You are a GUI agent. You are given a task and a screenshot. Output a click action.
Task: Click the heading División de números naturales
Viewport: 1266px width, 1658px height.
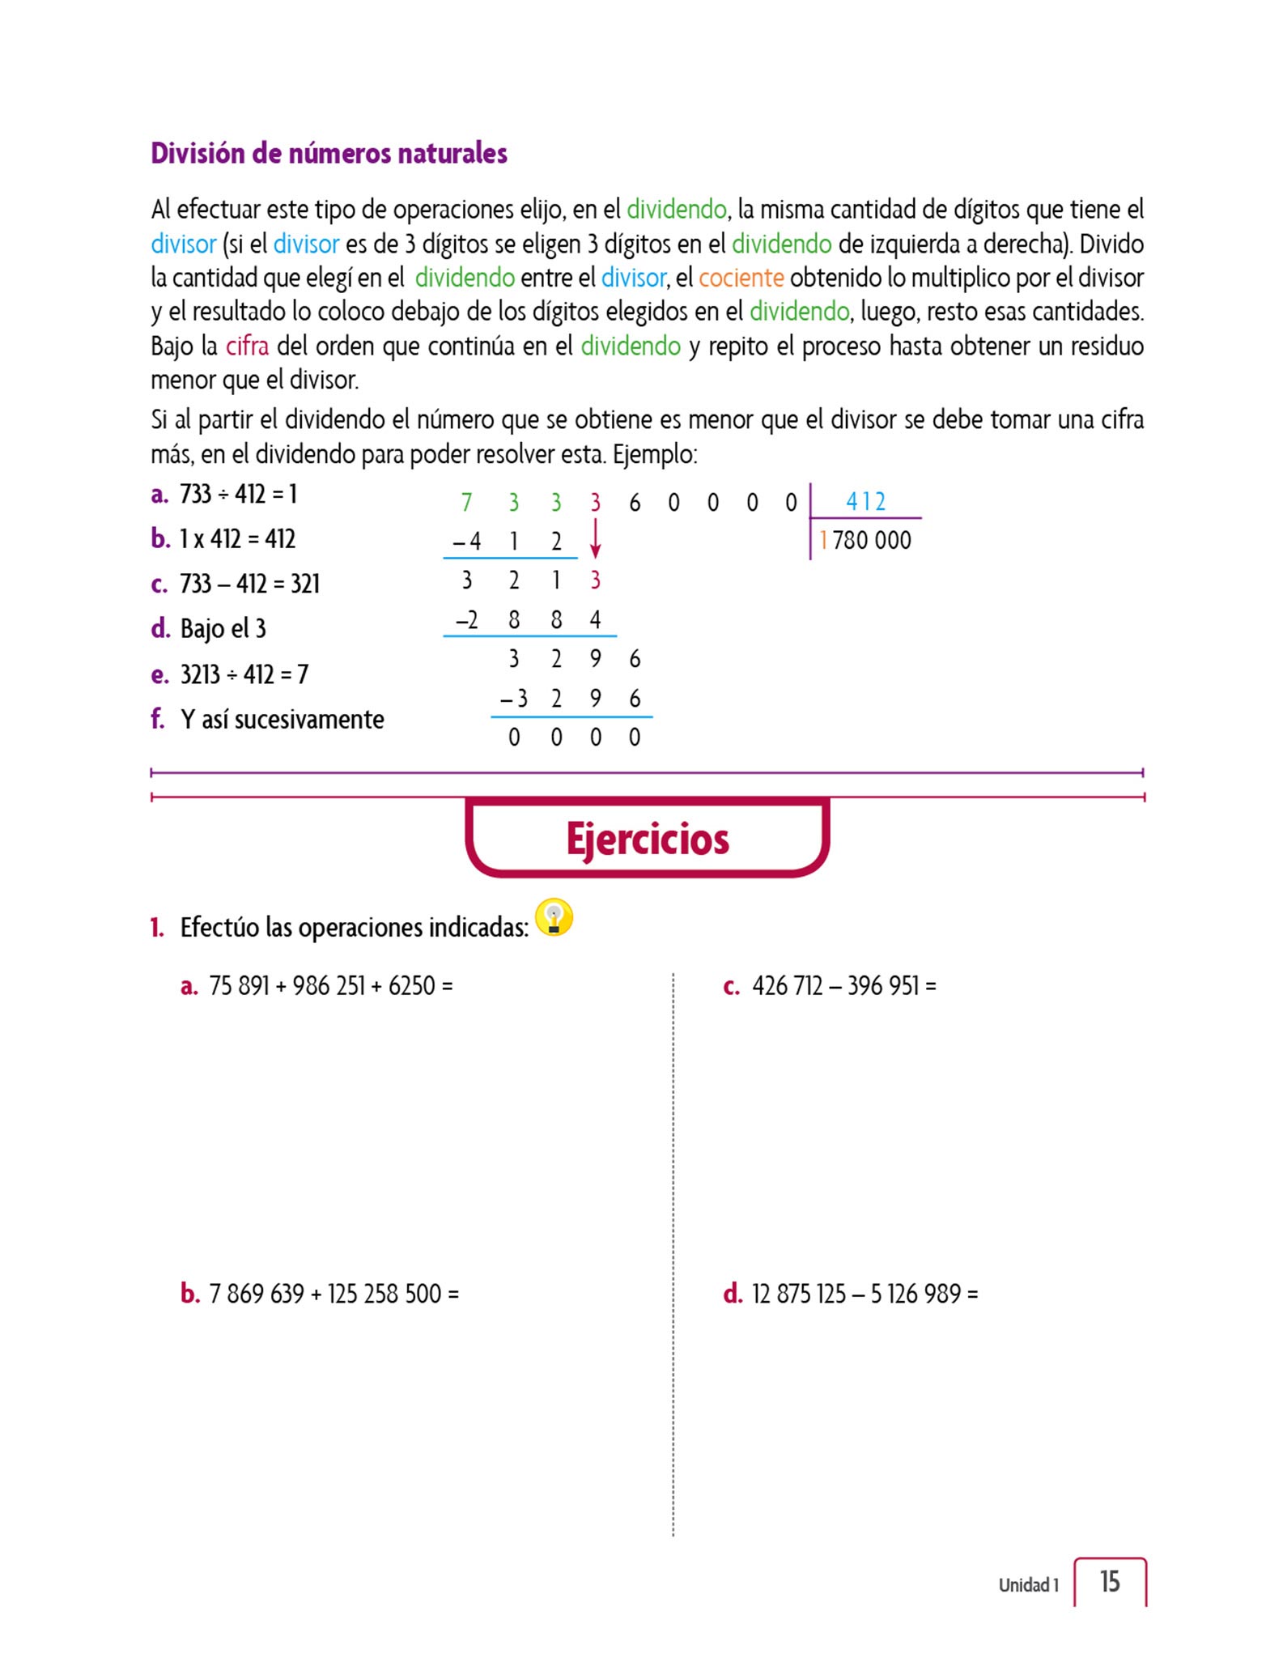tap(329, 153)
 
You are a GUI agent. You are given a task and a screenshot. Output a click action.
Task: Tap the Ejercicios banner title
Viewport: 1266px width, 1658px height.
tap(648, 839)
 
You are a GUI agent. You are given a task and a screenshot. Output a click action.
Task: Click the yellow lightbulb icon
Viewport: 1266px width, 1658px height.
tap(554, 918)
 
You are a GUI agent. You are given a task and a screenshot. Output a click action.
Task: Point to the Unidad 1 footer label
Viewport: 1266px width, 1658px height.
tap(1028, 1585)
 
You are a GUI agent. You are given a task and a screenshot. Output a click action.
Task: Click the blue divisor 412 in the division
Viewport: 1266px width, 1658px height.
tap(865, 502)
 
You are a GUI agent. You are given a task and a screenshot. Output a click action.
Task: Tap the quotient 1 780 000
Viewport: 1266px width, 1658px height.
tap(865, 540)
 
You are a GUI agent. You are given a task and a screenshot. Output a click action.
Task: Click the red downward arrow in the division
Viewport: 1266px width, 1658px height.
tap(596, 539)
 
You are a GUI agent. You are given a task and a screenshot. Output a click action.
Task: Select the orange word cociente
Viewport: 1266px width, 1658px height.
tap(741, 278)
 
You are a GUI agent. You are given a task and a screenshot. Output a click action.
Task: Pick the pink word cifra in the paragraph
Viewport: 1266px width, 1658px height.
tap(247, 346)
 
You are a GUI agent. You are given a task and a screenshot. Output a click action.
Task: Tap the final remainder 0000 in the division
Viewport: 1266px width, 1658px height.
tap(574, 738)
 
